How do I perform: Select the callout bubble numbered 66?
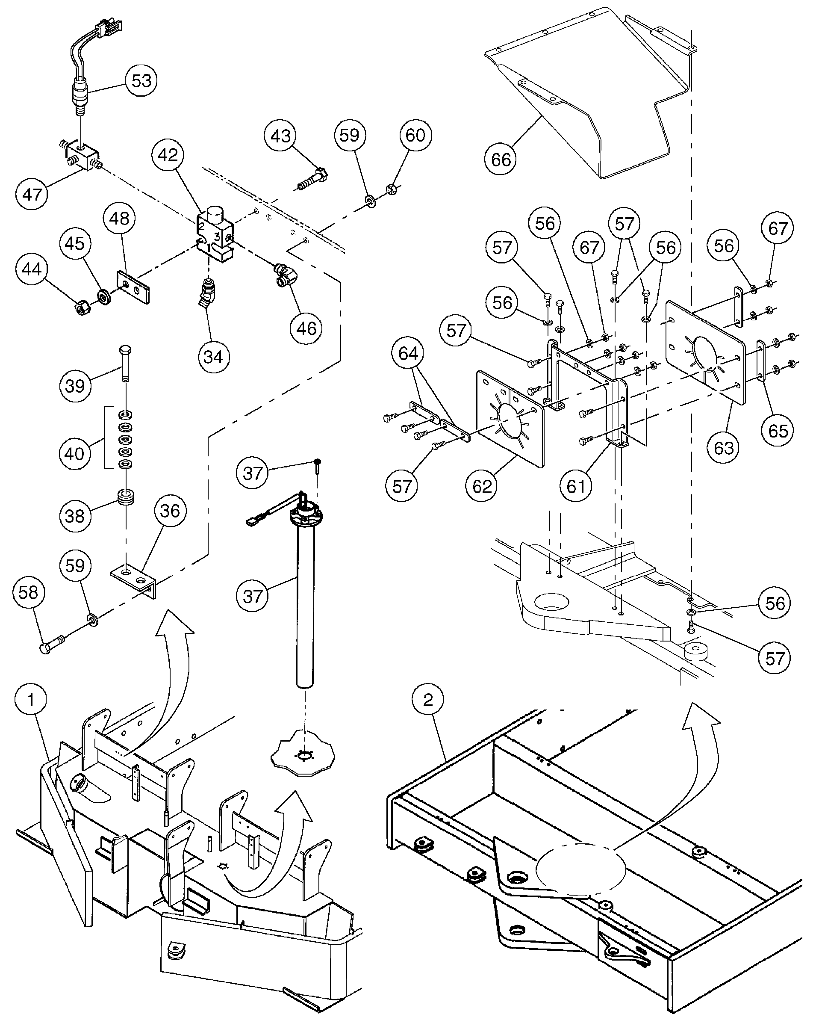pos(501,160)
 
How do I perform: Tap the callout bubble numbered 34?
pos(213,356)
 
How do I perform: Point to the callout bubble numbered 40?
pos(74,454)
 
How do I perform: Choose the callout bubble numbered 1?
pos(31,699)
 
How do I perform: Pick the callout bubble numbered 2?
pos(428,699)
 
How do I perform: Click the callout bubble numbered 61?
pos(576,486)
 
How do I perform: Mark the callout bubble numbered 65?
pos(778,431)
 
